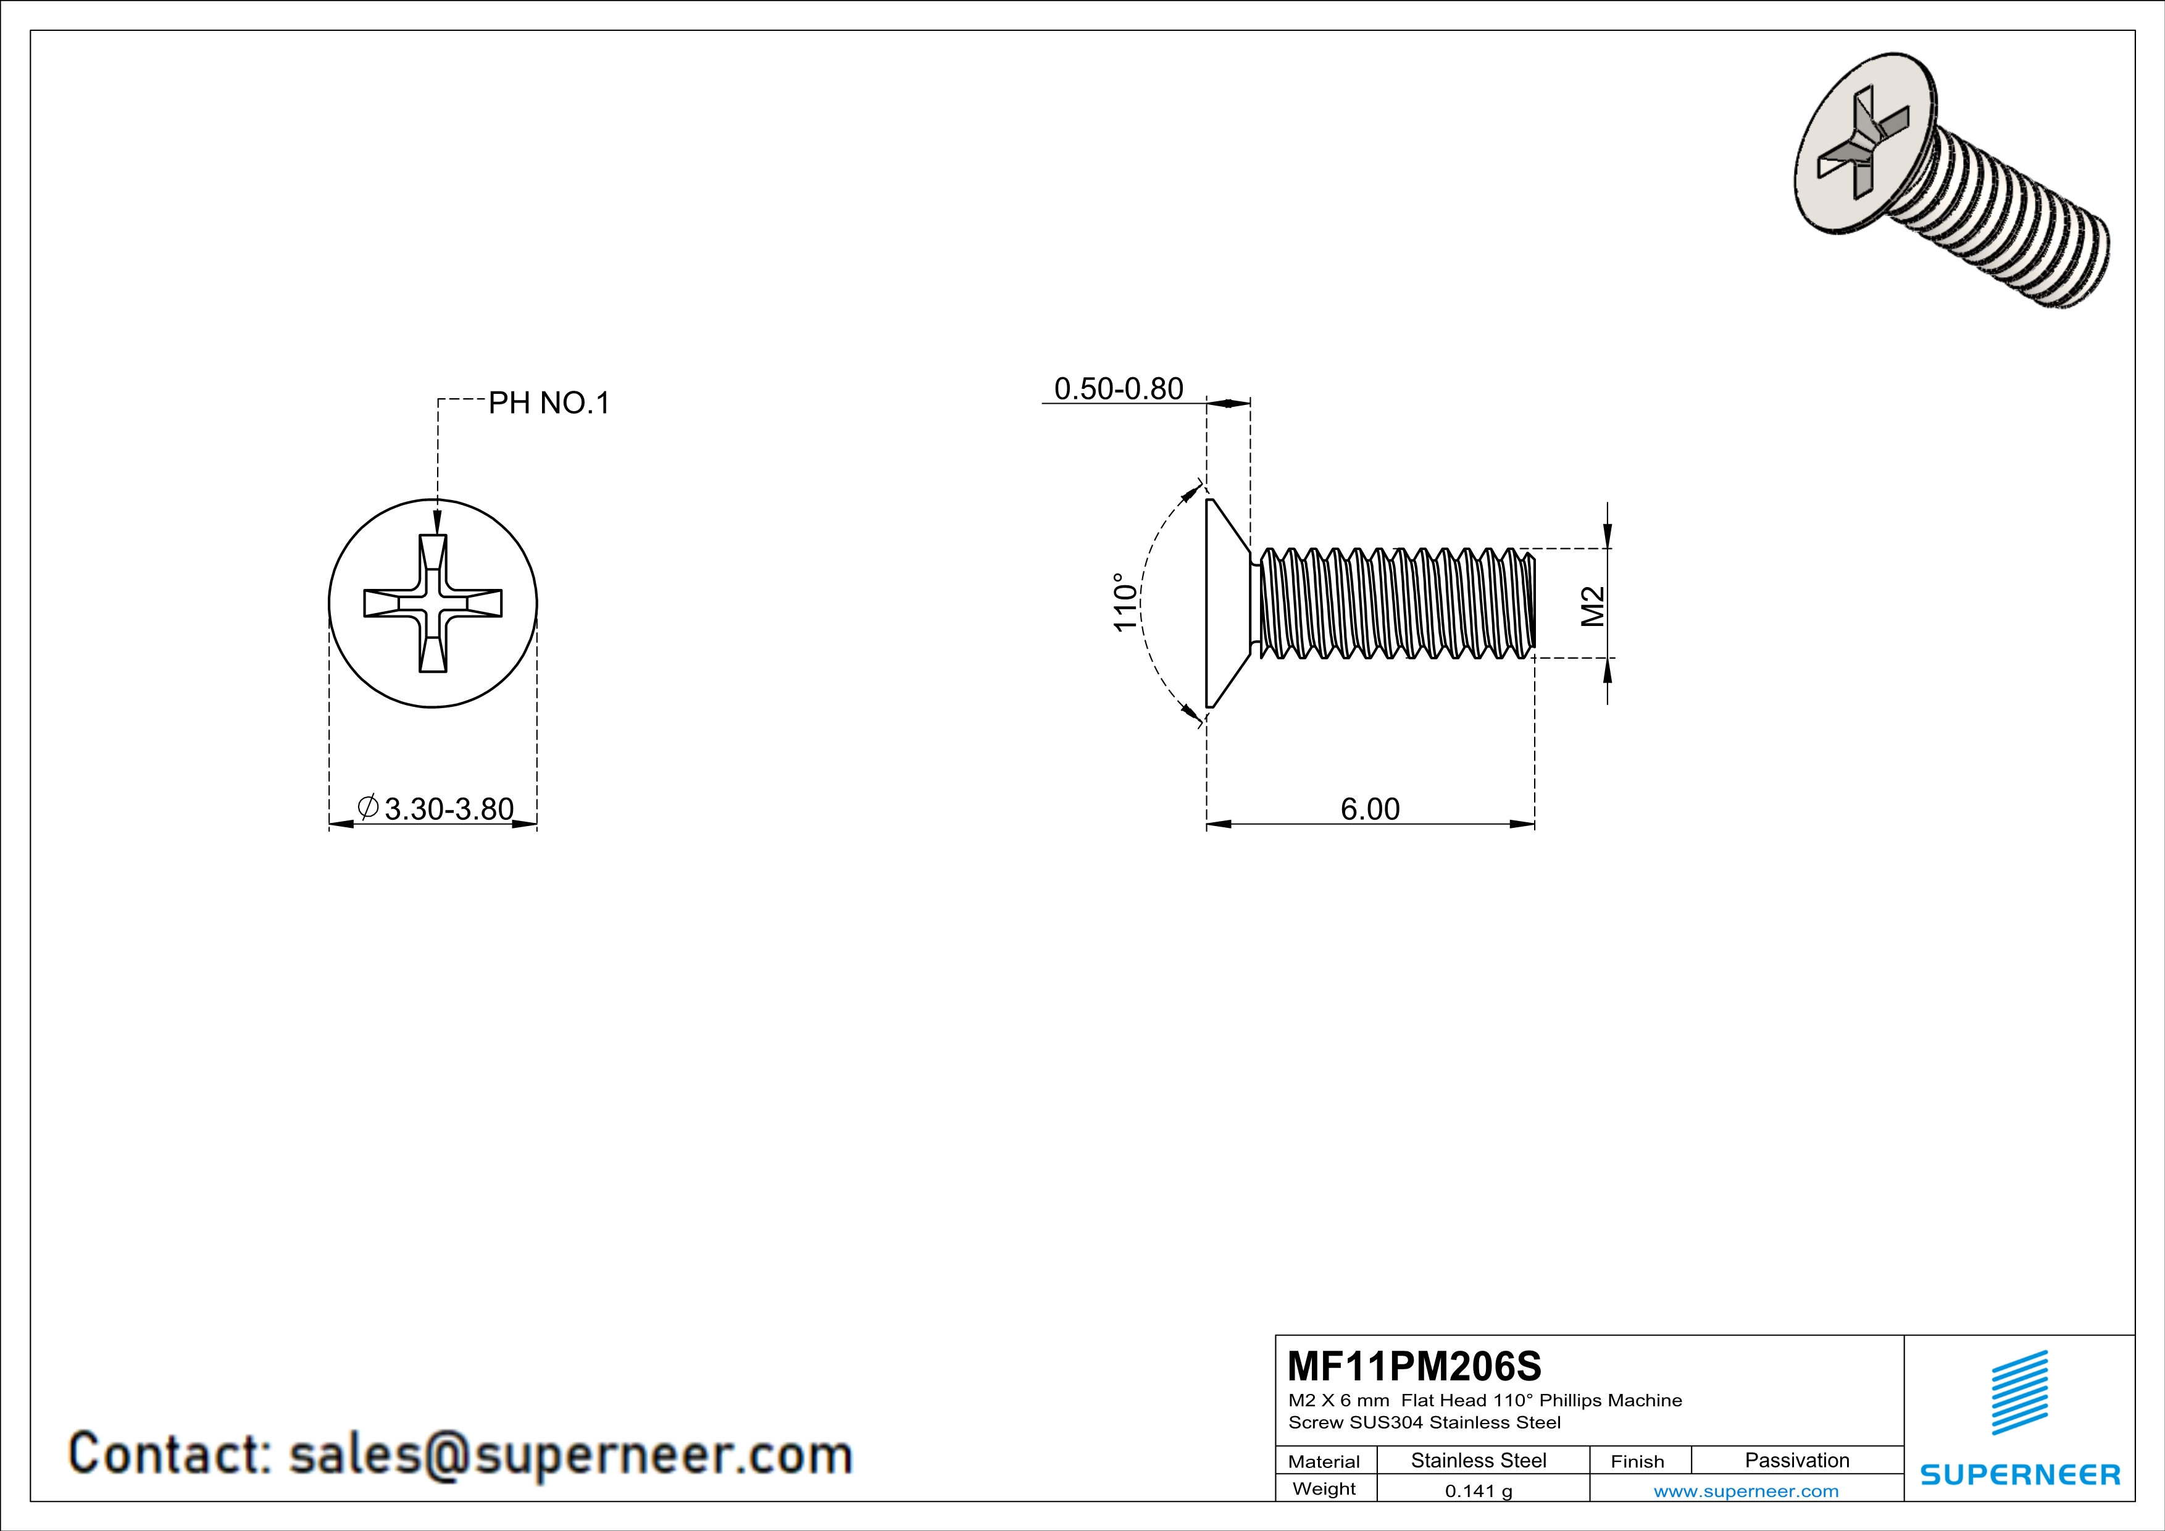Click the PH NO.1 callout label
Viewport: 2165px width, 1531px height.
click(x=549, y=404)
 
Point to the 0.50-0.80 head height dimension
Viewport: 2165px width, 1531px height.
click(x=1119, y=388)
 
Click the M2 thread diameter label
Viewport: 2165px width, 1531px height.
click(x=1591, y=606)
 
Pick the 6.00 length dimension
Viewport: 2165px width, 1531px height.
click(x=1370, y=809)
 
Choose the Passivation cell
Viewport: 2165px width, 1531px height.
click(x=1796, y=1460)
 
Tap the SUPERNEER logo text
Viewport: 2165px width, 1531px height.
click(x=2020, y=1474)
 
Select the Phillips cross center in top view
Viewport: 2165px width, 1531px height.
click(x=433, y=603)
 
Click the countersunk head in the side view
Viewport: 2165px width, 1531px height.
click(x=1226, y=603)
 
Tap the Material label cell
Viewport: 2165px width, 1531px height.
click(x=1324, y=1461)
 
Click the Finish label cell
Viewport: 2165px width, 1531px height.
click(x=1637, y=1461)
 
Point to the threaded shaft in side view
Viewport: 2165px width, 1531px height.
click(x=1396, y=603)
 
